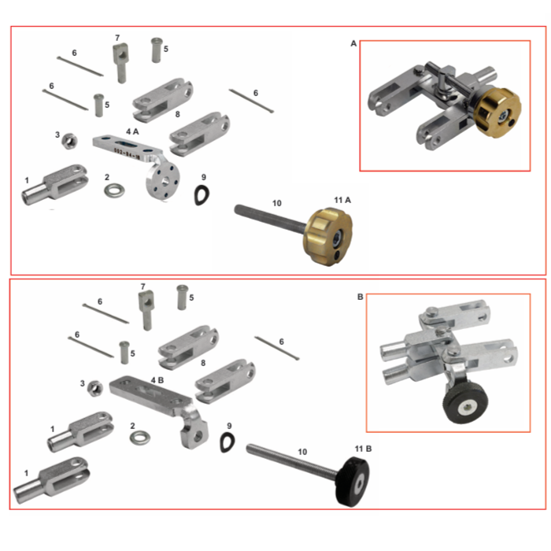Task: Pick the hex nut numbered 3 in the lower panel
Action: pyautogui.click(x=93, y=386)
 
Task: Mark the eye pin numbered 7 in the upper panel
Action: pyautogui.click(x=120, y=62)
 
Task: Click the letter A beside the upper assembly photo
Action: pyautogui.click(x=353, y=44)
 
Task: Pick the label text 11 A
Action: pyautogui.click(x=342, y=201)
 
